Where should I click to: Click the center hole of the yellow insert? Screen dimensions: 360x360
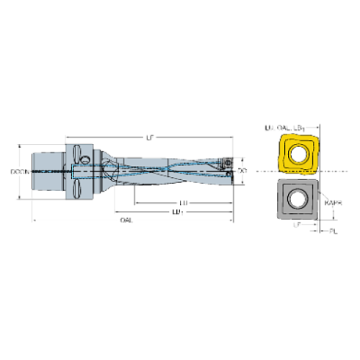coord(298,155)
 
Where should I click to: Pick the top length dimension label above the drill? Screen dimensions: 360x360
coord(151,136)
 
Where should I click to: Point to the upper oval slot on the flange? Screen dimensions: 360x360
coord(76,153)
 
